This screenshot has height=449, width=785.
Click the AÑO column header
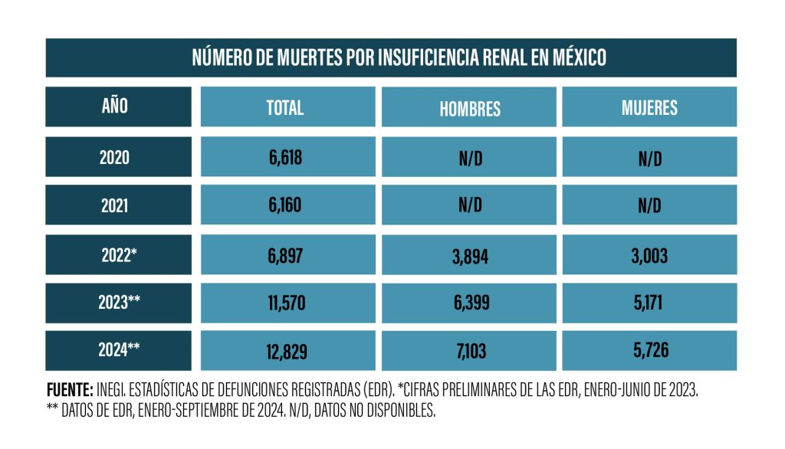[115, 106]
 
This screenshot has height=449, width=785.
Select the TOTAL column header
[285, 107]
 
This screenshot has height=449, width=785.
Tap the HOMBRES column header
[470, 109]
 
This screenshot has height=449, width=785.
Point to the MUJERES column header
[649, 107]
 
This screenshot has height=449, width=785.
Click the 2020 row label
[115, 157]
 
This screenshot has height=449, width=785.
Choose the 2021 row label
[115, 205]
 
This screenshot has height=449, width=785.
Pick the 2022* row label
[119, 255]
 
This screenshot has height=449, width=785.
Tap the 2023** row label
[119, 302]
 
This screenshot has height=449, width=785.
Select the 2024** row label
[119, 349]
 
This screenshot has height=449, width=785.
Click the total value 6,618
[285, 158]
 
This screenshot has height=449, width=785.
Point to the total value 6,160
[285, 205]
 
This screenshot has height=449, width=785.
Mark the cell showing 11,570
[287, 303]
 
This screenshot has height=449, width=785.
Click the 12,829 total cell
[287, 352]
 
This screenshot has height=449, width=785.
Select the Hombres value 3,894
[470, 257]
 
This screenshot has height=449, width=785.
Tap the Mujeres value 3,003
[649, 256]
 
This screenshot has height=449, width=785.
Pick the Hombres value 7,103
[471, 351]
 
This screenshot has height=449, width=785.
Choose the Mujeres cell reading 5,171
[649, 303]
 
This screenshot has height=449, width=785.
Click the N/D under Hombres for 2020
[471, 159]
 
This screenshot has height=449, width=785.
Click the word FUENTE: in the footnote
[70, 389]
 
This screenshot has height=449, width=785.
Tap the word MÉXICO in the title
[580, 57]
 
